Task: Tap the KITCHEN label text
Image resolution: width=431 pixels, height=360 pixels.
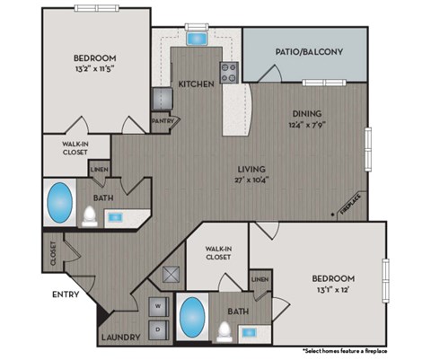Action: (x=197, y=83)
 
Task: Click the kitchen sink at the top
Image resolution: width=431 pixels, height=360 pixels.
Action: (x=195, y=39)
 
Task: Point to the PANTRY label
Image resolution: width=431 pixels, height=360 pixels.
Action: (x=163, y=118)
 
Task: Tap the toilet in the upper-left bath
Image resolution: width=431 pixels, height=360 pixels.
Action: (x=90, y=215)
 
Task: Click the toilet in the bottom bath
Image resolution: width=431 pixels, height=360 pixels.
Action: (x=222, y=331)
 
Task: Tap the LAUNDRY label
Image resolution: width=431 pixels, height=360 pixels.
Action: (x=119, y=338)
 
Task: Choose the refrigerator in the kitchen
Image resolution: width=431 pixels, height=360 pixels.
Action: (x=161, y=97)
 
